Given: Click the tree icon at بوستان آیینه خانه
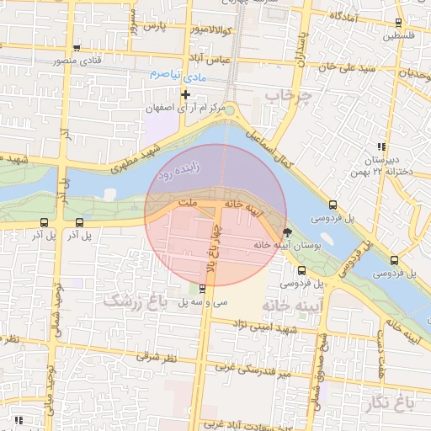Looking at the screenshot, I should [288, 231].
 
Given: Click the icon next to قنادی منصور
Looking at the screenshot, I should [77, 48].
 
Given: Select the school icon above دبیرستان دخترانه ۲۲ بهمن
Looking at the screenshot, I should [381, 146].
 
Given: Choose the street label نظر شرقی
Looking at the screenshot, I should [154, 358].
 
